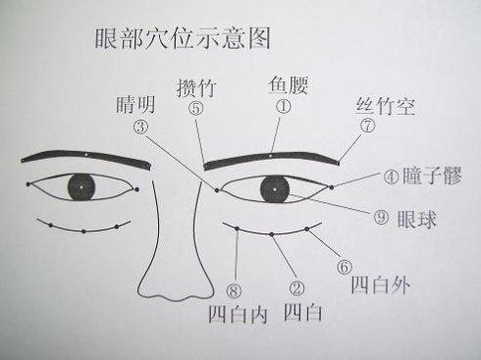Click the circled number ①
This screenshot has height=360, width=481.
(284, 108)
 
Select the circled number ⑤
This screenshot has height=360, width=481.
(196, 109)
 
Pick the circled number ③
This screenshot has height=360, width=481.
(141, 128)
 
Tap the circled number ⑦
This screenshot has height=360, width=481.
(367, 127)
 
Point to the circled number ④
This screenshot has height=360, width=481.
(391, 178)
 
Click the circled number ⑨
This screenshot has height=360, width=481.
(382, 217)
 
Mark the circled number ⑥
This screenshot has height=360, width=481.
(344, 265)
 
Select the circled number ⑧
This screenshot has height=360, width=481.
(233, 289)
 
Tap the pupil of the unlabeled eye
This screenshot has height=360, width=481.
(79, 186)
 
